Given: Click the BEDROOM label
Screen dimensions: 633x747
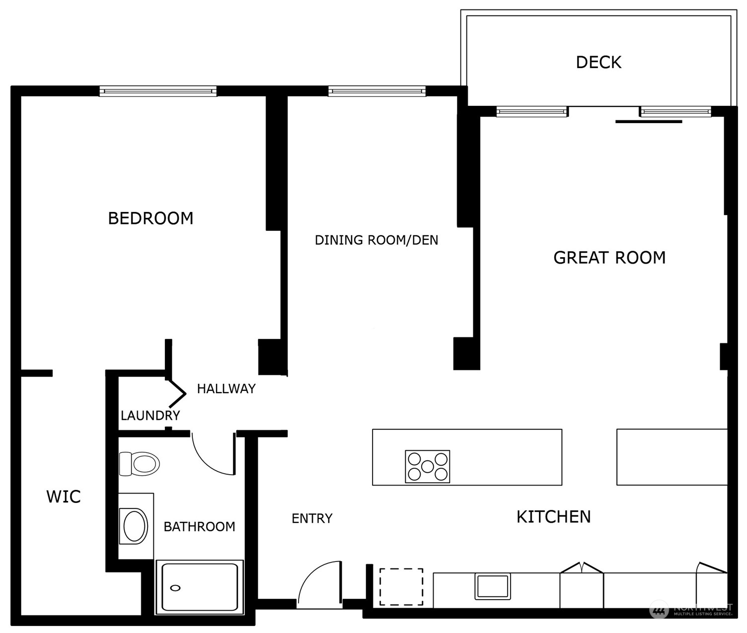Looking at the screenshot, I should pyautogui.click(x=150, y=218).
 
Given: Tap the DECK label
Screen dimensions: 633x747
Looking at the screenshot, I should pyautogui.click(x=598, y=63).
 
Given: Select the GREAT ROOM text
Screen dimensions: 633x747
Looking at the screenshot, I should pyautogui.click(x=609, y=258).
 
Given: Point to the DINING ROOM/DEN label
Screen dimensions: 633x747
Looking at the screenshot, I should pyautogui.click(x=376, y=240).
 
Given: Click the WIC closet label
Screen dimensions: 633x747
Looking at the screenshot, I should pyautogui.click(x=64, y=496).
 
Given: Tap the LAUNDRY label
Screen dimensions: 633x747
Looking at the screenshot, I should pyautogui.click(x=150, y=416).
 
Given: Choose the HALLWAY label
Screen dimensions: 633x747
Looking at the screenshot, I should pyautogui.click(x=226, y=389).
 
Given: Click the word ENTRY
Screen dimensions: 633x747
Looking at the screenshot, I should pyautogui.click(x=312, y=518).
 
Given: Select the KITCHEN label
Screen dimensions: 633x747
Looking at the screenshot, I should pyautogui.click(x=553, y=517).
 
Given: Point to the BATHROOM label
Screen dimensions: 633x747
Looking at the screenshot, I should pyautogui.click(x=199, y=527).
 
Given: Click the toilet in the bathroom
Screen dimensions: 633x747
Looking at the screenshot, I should pyautogui.click(x=140, y=464).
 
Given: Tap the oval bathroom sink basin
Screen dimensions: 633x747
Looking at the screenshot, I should pyautogui.click(x=135, y=526).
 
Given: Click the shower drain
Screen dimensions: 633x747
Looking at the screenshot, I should pyautogui.click(x=175, y=588).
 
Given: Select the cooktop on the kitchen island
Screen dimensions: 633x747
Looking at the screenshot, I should pyautogui.click(x=427, y=467).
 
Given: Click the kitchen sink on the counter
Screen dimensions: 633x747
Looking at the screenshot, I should pyautogui.click(x=492, y=586).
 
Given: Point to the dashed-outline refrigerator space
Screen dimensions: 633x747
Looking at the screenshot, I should pyautogui.click(x=401, y=587).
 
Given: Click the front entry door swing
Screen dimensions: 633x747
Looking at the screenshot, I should pyautogui.click(x=319, y=586).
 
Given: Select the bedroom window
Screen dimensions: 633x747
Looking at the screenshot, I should pyautogui.click(x=158, y=91).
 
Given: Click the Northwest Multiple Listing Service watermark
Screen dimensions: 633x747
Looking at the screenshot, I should pyautogui.click(x=691, y=610).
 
